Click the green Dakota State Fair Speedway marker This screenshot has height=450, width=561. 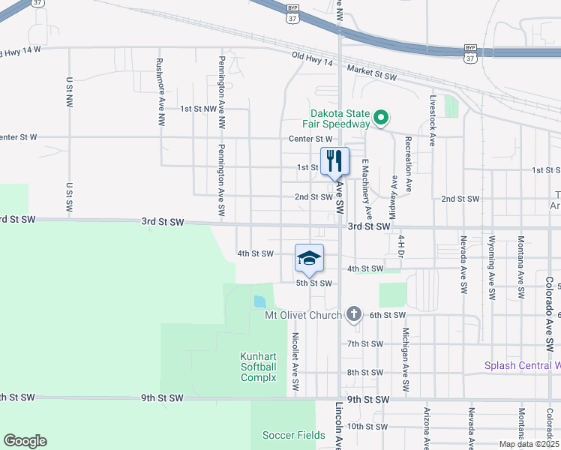pos(380,117)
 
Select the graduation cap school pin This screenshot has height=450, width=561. pos(309,258)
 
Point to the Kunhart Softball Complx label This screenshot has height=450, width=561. pos(259,367)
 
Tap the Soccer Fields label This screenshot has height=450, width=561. pos(294,435)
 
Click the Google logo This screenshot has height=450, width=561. pos(25,441)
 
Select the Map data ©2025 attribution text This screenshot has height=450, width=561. pos(528,444)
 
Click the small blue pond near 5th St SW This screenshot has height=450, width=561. pos(259,301)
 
